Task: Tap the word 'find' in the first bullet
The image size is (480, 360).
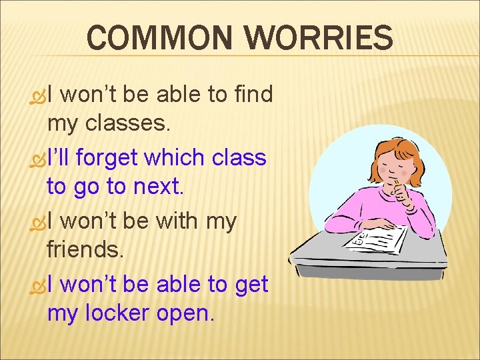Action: click(x=254, y=95)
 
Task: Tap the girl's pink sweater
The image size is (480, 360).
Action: click(x=363, y=207)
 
